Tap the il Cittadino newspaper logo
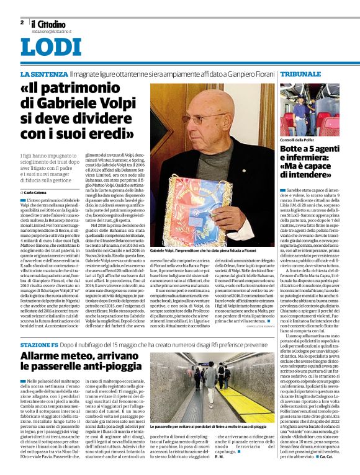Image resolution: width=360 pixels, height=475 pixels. point(48,24)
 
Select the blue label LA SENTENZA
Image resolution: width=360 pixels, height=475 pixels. point(42,74)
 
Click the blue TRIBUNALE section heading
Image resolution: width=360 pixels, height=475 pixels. point(300,74)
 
